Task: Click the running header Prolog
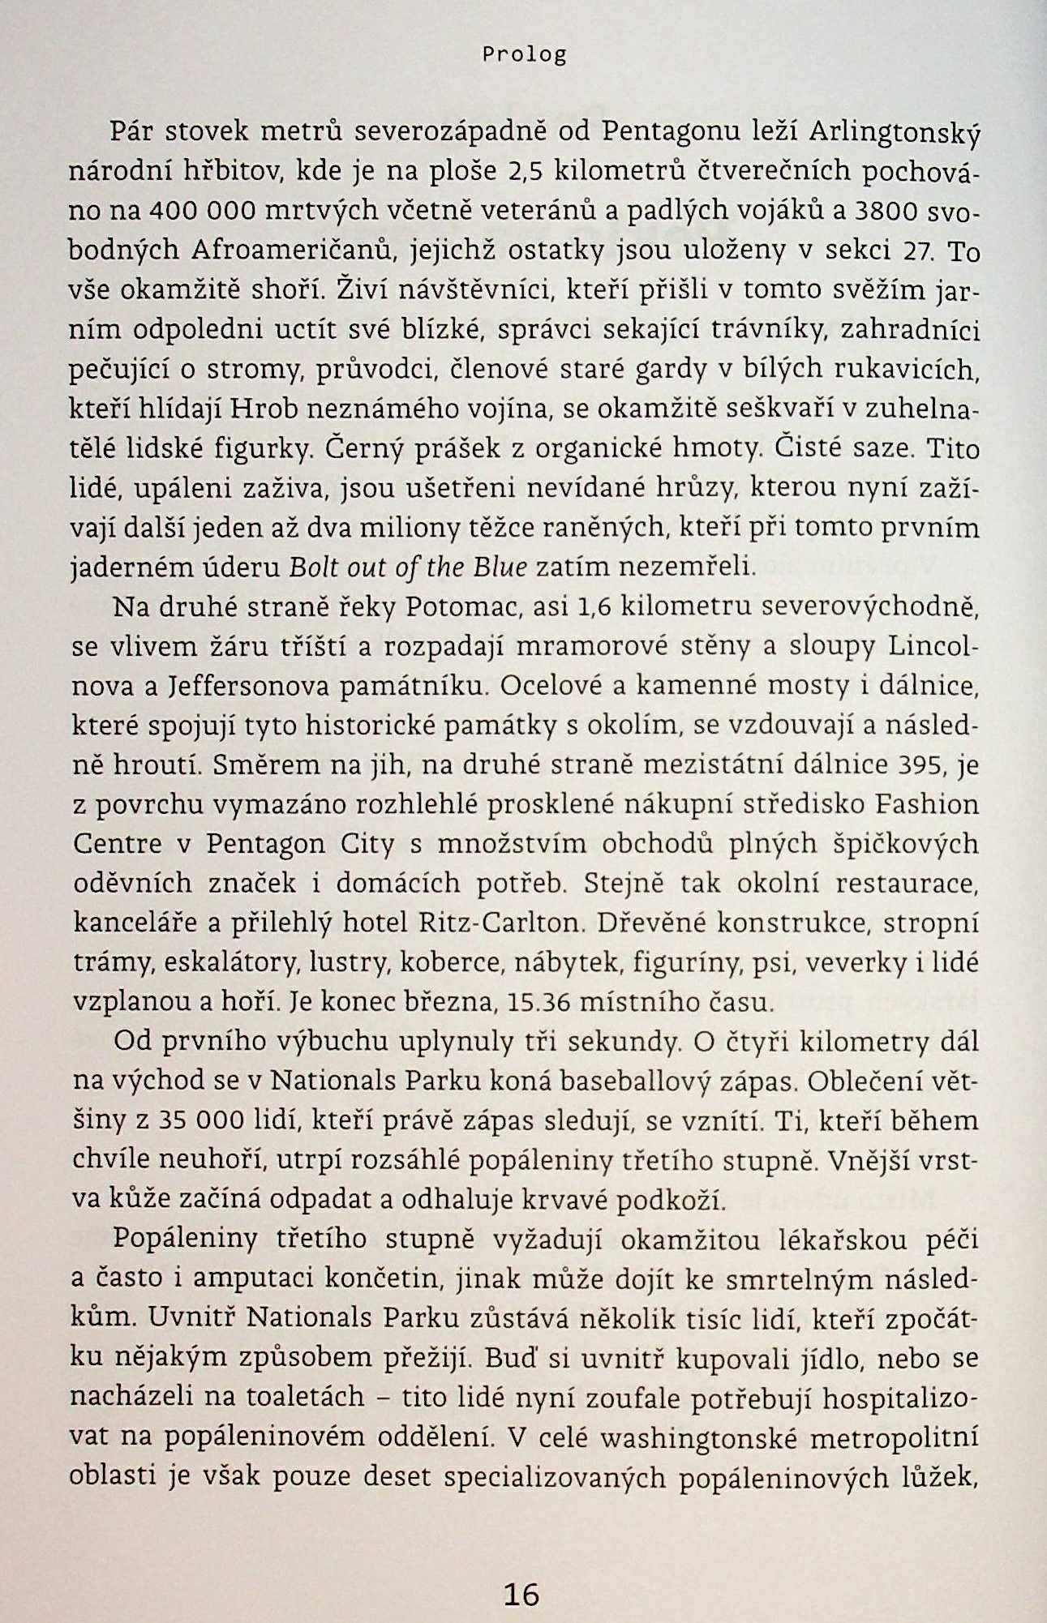click(x=524, y=55)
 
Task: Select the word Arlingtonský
click(x=895, y=132)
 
